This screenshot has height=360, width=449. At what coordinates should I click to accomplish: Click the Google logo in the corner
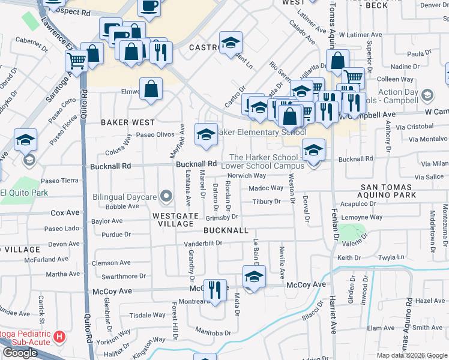tap(19, 353)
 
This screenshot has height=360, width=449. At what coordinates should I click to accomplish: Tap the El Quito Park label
tap(24, 193)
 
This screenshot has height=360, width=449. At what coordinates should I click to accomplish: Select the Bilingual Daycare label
tap(124, 197)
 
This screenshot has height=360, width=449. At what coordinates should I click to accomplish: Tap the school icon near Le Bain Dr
tap(254, 277)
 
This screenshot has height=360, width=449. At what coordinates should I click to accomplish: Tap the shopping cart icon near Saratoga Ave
tap(77, 60)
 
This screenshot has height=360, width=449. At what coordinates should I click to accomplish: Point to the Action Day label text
tap(399, 92)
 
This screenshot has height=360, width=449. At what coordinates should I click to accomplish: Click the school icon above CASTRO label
tap(231, 43)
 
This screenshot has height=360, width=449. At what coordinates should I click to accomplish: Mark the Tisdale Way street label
tap(148, 315)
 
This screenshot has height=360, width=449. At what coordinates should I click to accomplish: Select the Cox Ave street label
tap(65, 212)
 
